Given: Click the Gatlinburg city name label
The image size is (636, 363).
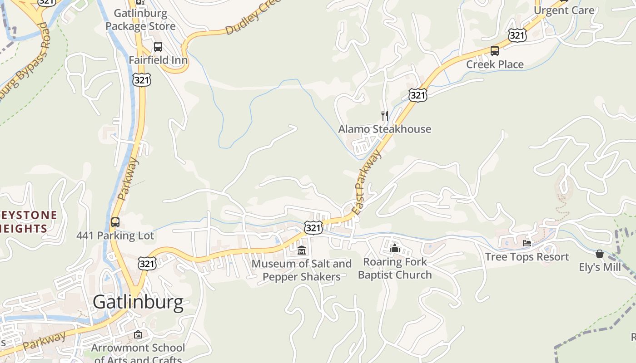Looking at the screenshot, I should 138,302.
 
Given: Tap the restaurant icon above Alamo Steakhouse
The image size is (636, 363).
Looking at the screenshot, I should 385,116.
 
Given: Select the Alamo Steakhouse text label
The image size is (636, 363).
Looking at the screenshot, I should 385,129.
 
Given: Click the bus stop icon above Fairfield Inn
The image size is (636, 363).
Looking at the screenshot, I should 158,47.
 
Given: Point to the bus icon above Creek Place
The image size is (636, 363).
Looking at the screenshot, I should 495,51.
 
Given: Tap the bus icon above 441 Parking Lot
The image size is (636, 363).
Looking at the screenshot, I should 115,222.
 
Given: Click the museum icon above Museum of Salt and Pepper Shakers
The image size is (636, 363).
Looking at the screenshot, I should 302,250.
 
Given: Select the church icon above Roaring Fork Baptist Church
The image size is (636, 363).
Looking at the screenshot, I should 394,248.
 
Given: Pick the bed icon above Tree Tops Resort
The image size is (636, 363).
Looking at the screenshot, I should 527,244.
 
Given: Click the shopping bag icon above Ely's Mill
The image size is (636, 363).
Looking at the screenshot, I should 600,254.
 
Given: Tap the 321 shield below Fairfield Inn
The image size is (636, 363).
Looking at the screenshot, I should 142,80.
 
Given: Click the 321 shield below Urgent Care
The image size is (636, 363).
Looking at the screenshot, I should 517,35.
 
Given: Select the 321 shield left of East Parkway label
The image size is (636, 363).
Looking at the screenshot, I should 313,227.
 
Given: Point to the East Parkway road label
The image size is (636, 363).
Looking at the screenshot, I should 367,182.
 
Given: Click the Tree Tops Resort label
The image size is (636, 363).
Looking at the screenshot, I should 527,257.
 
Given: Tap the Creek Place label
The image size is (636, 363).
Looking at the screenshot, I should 495,64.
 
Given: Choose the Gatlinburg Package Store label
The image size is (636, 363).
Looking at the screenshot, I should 140,20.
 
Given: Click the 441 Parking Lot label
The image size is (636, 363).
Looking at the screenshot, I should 115,236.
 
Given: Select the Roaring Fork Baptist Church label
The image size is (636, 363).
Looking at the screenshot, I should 395,268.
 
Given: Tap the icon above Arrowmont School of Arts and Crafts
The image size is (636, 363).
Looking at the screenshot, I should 138,335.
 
